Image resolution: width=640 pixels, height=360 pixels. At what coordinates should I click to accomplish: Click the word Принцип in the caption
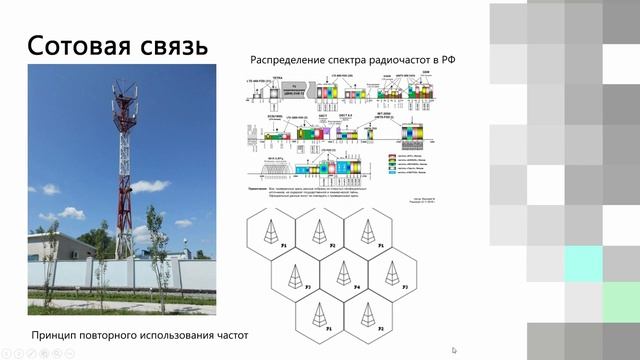(55, 336)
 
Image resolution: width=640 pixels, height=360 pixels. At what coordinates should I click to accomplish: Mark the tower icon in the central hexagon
(342, 274)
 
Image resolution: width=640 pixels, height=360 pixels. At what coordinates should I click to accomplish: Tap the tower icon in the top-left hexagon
(270, 232)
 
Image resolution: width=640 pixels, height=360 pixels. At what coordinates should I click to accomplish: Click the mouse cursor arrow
(455, 350)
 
